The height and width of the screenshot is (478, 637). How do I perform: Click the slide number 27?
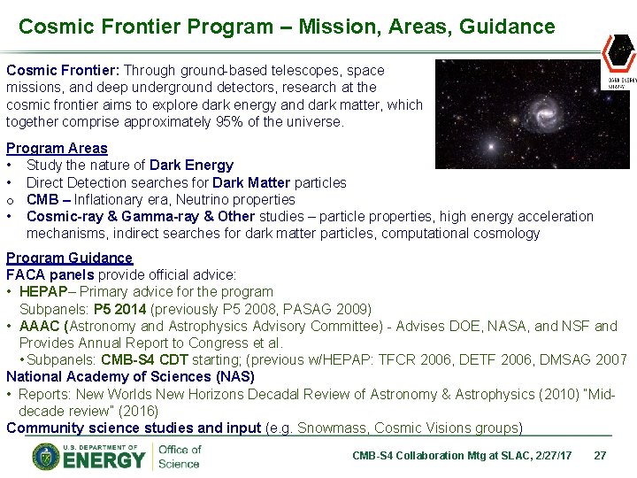coord(600,456)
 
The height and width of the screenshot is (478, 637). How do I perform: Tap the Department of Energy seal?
coord(46,457)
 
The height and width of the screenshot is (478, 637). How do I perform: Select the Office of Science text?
coord(180,457)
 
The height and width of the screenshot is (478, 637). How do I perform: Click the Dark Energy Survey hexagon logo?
coord(618,54)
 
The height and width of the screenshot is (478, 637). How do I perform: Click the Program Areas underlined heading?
coord(57,149)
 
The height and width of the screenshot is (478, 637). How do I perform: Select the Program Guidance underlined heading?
coord(69,258)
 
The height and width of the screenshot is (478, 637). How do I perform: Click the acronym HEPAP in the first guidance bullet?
coord(42,292)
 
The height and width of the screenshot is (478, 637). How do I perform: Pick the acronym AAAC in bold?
coord(41,326)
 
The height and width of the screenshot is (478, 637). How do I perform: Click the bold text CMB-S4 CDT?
coord(146,360)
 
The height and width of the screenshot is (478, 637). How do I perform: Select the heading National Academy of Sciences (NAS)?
coord(130,377)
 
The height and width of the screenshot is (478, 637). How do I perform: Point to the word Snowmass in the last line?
coord(331,428)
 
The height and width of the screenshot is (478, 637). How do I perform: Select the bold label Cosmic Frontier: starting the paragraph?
coord(63,70)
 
